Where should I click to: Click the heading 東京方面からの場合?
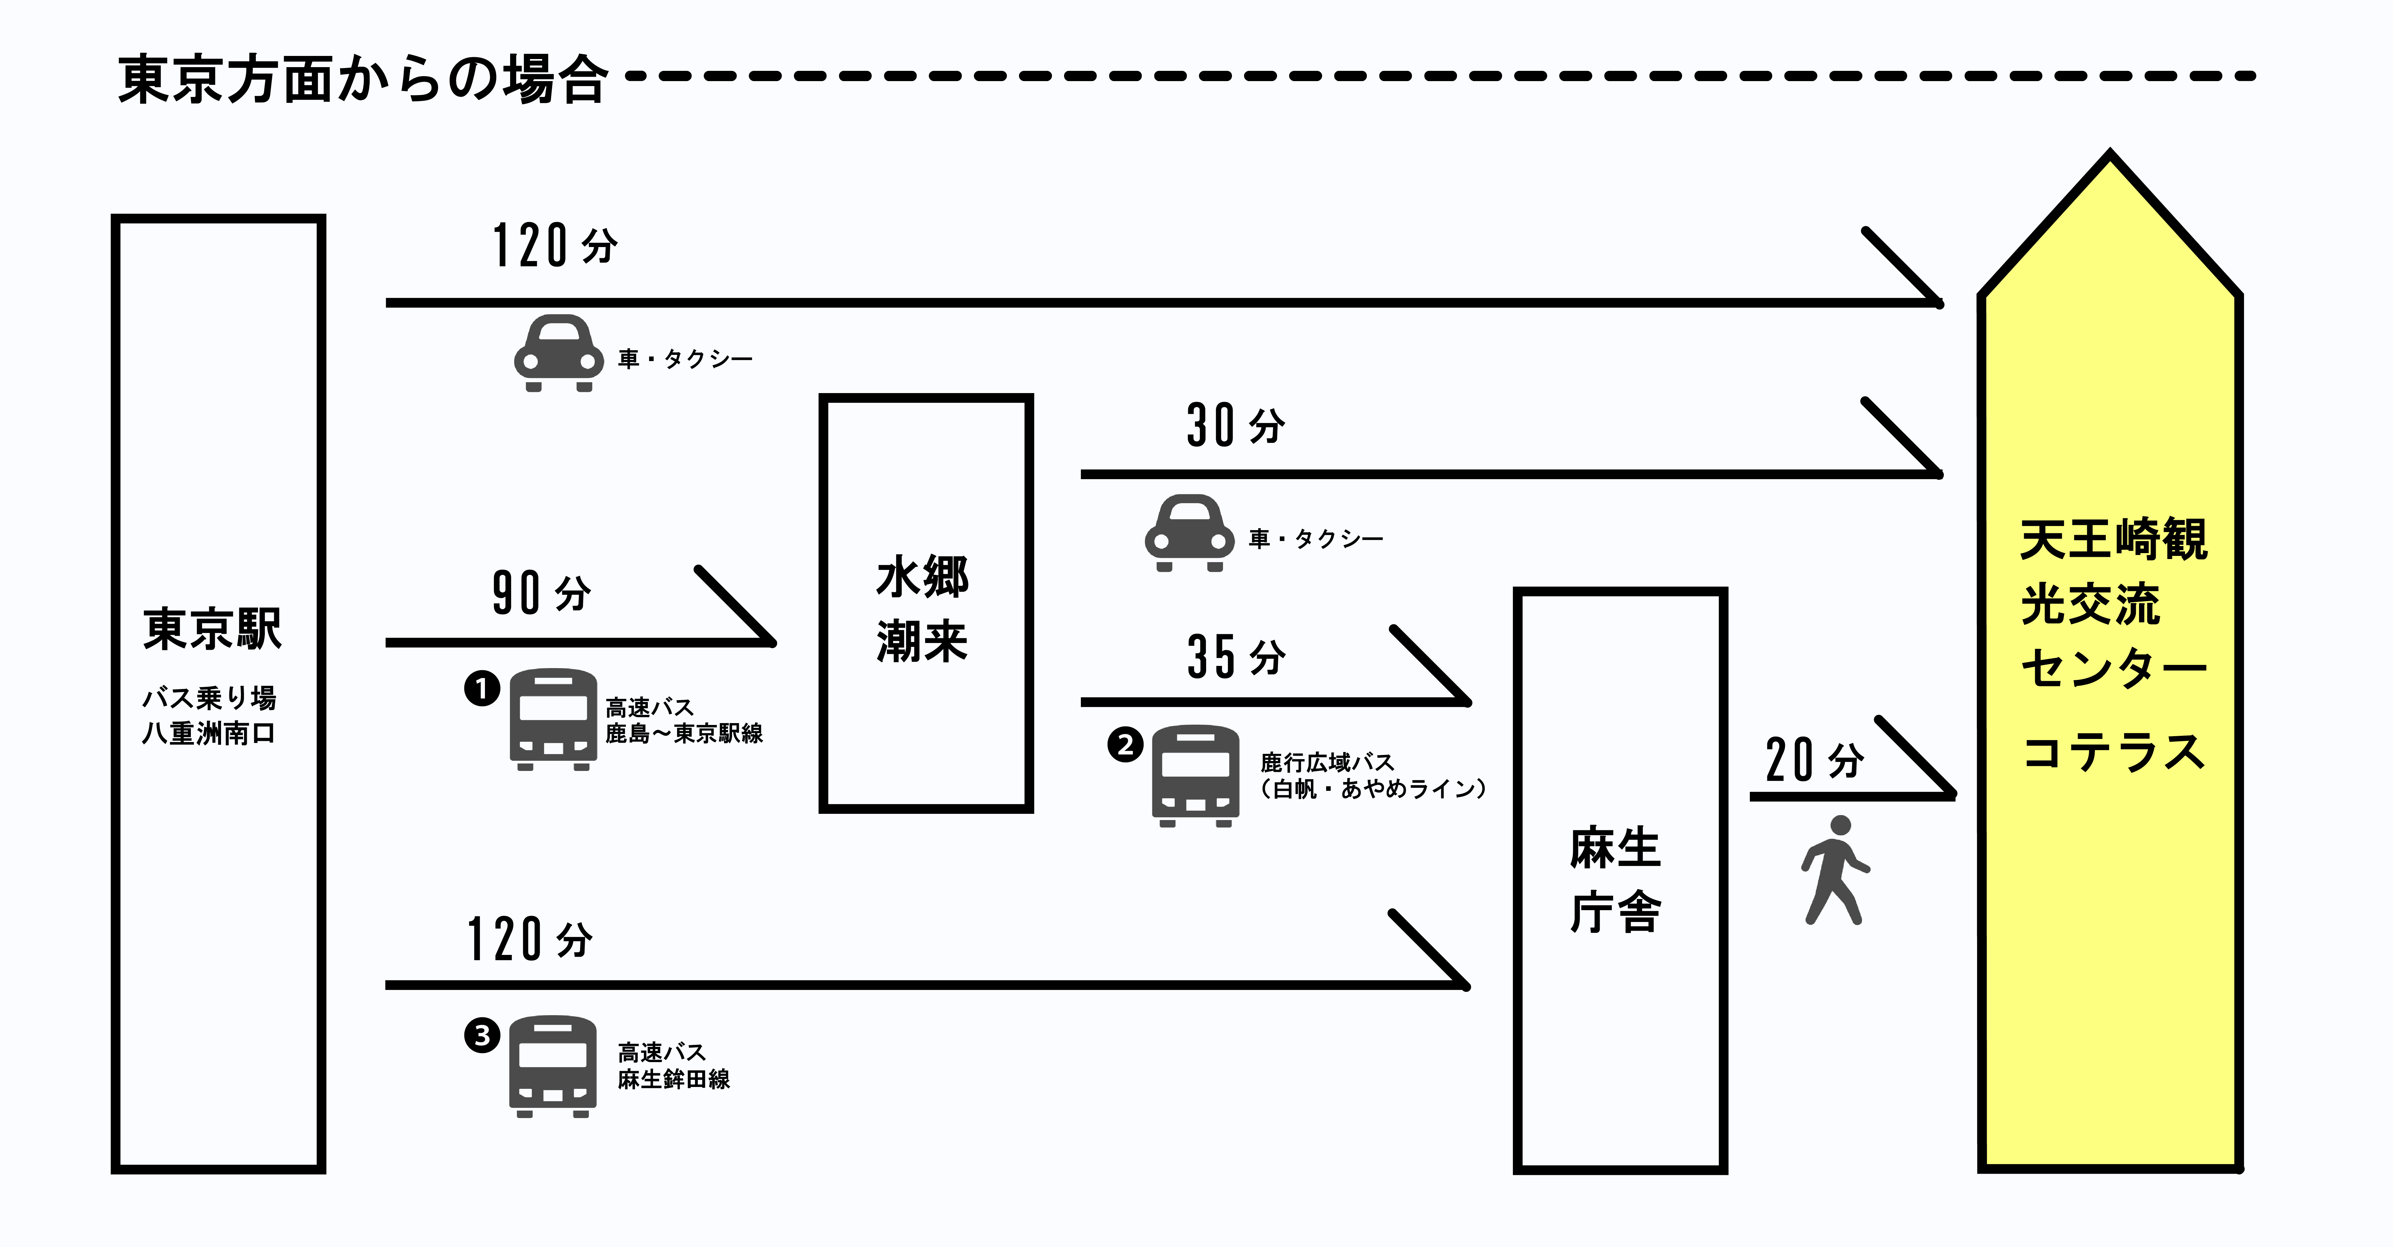362,79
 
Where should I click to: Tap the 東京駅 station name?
213,629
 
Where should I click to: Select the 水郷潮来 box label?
922,609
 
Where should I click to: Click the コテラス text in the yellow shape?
2114,752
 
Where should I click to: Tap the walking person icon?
1835,870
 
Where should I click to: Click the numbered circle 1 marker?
482,689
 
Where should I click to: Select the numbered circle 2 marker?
1125,745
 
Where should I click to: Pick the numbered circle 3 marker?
482,1034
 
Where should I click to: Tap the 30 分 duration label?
1236,425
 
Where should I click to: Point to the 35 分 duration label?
1236,657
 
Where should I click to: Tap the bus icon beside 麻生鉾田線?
553,1066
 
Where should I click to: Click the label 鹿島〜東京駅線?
684,734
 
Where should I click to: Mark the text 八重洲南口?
209,734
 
